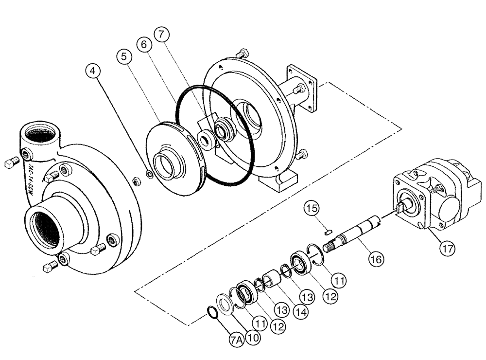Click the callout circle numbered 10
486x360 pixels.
(253, 336)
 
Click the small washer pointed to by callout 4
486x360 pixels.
(150, 174)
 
